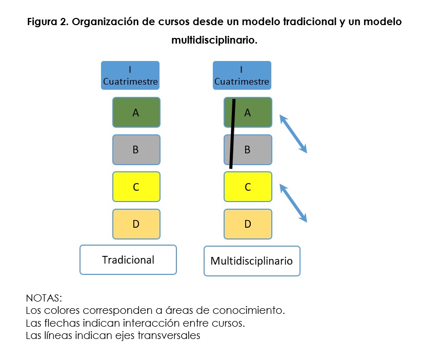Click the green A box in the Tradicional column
pyautogui.click(x=136, y=112)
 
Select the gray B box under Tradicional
pyautogui.click(x=136, y=150)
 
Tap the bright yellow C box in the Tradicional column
pyautogui.click(x=136, y=187)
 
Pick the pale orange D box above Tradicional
pyautogui.click(x=136, y=224)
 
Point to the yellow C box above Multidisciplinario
pyautogui.click(x=248, y=187)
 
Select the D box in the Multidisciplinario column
pyautogui.click(x=248, y=224)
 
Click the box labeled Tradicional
pyautogui.click(x=128, y=259)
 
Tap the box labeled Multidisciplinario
pyautogui.click(x=252, y=261)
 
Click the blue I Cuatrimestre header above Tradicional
pyautogui.click(x=130, y=75)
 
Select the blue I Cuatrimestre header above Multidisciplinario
pyautogui.click(x=242, y=75)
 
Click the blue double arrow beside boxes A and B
pyautogui.click(x=293, y=134)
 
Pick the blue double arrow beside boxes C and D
pyautogui.click(x=293, y=203)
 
